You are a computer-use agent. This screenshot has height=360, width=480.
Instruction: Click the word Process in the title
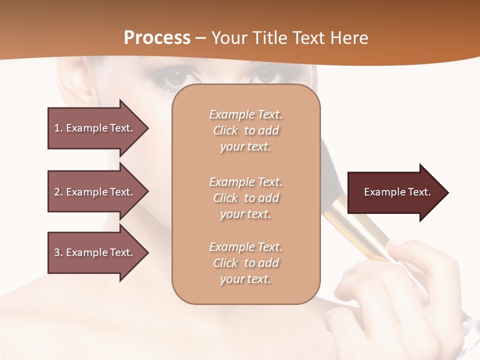[157, 38]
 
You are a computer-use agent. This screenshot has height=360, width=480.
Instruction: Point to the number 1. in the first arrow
[58, 128]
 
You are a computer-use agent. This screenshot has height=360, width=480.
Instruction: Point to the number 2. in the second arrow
[58, 192]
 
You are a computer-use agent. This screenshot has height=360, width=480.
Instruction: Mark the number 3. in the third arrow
[58, 252]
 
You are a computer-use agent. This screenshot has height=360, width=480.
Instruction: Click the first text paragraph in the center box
[245, 130]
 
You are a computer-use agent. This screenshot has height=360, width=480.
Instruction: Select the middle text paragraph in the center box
[245, 198]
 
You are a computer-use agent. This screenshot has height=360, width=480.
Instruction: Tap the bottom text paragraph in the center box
[245, 263]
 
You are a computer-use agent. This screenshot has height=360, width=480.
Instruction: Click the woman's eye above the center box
[267, 76]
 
